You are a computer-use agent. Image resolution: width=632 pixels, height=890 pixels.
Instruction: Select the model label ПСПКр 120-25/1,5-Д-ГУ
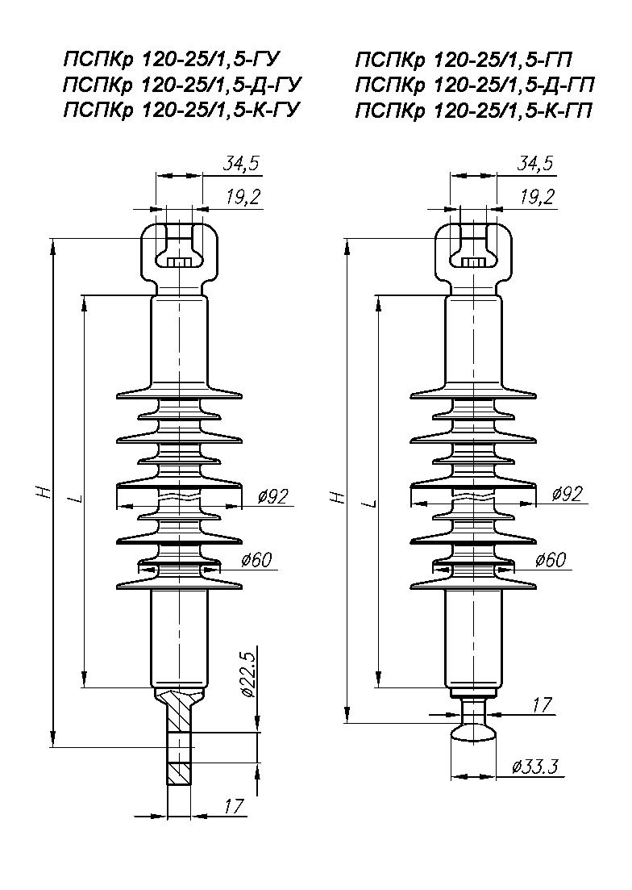coord(185,85)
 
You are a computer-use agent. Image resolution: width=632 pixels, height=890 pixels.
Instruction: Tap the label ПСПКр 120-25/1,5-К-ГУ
coord(185,111)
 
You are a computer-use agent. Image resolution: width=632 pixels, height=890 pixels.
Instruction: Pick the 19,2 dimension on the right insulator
coord(537,197)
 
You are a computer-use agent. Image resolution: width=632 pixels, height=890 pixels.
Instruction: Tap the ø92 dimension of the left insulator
coord(271,496)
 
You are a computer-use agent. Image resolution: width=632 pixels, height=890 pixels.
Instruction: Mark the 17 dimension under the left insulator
coord(233,804)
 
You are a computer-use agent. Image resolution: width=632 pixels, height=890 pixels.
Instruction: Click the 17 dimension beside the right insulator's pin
coord(542,704)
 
